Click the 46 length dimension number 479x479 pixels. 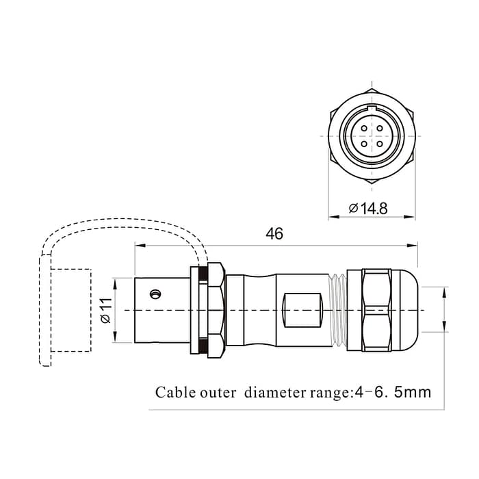pyautogui.click(x=274, y=233)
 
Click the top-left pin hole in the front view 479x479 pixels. pyautogui.click(x=363, y=127)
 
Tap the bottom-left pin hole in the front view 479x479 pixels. pyautogui.click(x=363, y=144)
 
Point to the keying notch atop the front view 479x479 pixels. pyautogui.click(x=372, y=108)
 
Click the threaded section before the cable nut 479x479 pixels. pyautogui.click(x=337, y=310)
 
